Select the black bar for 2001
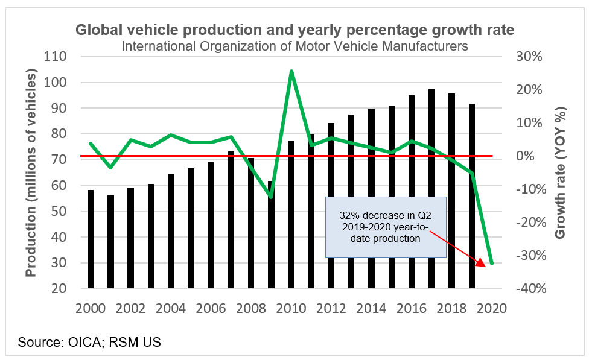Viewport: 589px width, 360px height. tap(110, 241)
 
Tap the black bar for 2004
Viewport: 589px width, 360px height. tap(171, 231)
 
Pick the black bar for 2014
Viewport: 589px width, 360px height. tap(371, 198)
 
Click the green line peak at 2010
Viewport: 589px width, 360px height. tap(291, 71)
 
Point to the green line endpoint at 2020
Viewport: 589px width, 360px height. tap(492, 264)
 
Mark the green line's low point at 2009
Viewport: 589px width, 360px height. tap(271, 197)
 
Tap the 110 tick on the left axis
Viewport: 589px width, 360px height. tap(54, 57)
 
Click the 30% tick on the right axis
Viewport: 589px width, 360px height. tap(529, 57)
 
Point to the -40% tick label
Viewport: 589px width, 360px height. tap(529, 289)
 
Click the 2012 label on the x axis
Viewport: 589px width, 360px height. tap(331, 308)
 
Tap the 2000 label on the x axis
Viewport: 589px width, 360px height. tap(91, 308)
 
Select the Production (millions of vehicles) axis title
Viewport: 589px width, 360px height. tap(31, 172)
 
